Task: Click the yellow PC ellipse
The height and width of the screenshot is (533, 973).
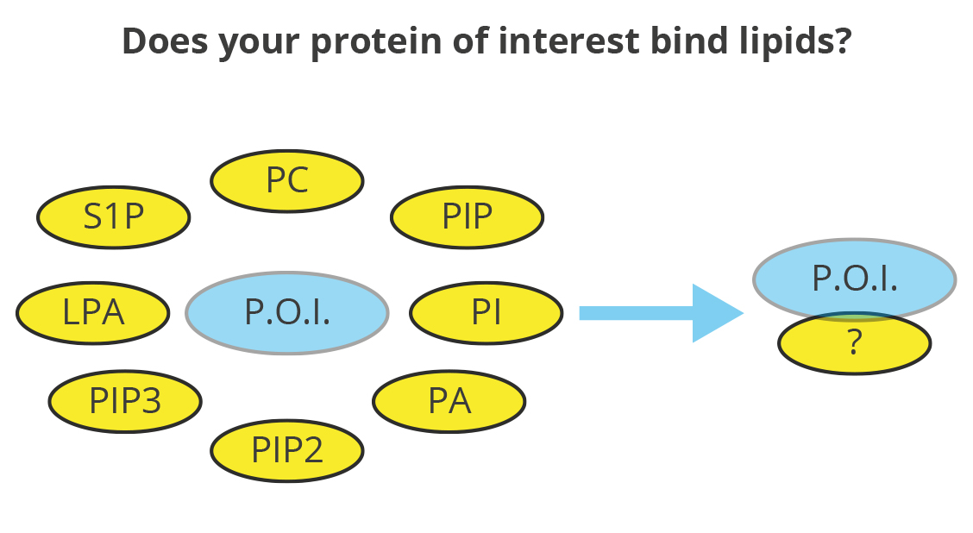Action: (286, 181)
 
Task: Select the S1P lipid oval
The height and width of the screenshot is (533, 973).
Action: (114, 217)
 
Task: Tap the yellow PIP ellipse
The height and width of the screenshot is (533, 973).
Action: (468, 217)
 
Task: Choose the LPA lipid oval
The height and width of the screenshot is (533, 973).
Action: (93, 313)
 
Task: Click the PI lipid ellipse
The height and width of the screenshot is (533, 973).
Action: (486, 313)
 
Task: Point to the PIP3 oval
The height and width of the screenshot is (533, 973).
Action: (125, 401)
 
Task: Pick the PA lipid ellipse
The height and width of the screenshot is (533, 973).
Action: (449, 401)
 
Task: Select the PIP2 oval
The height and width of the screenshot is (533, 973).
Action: (286, 450)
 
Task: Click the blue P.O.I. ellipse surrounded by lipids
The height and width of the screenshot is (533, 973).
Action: (287, 313)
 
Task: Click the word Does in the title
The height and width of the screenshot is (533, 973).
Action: (165, 41)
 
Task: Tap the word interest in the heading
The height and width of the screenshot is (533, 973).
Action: (569, 41)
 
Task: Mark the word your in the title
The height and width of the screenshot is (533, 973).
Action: (260, 46)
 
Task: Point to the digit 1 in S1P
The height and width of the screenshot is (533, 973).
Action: (114, 216)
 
